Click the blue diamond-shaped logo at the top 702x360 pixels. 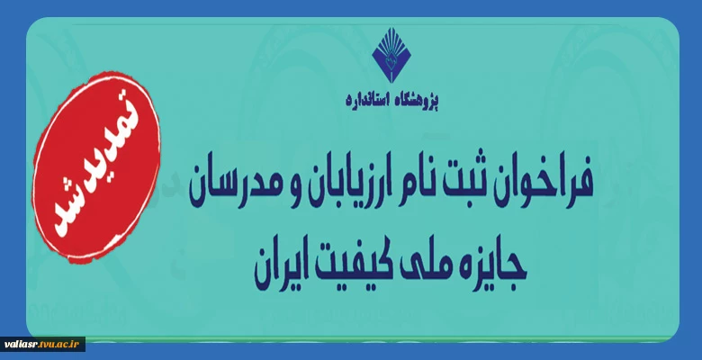391,55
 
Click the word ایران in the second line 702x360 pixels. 278,268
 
